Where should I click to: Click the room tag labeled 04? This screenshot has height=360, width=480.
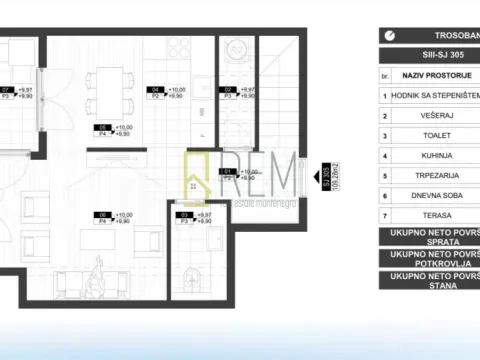click(x=155, y=89)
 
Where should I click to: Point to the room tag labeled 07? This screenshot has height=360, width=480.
click(x=8, y=89)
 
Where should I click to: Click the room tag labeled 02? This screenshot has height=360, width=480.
click(x=227, y=90)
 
